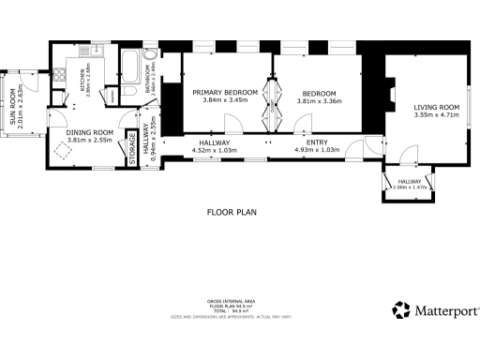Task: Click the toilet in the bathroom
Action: point(152,69)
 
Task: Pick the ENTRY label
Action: point(316,142)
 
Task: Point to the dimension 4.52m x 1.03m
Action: point(215,150)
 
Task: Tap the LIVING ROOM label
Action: point(437,107)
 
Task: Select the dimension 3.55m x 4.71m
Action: point(437,115)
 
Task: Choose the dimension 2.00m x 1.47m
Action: point(410,187)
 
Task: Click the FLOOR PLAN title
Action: point(232,212)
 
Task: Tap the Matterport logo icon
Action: point(401,310)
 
